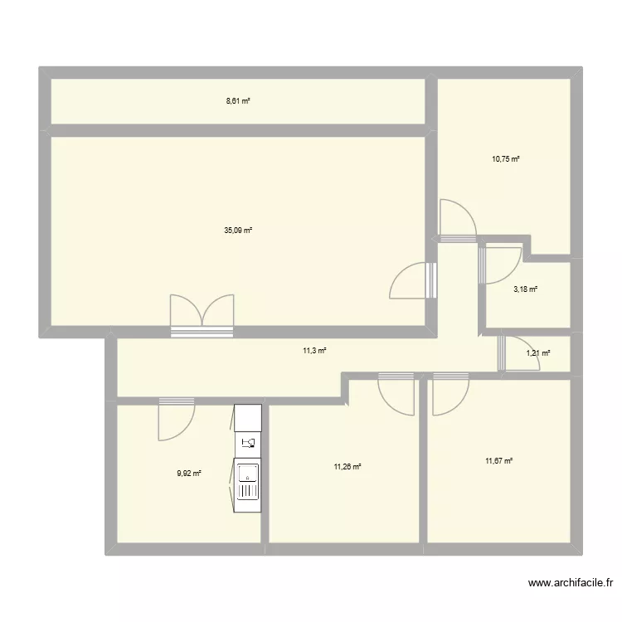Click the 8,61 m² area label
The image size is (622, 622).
coord(238,101)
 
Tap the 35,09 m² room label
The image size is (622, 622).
coord(237,230)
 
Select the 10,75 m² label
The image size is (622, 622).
coord(505,158)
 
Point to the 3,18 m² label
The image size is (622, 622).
coord(525,289)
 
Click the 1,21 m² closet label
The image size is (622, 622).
coord(537,353)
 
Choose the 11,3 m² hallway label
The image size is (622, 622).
coord(314,351)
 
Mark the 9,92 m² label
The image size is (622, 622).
coord(189,474)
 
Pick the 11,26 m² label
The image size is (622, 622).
coord(347,467)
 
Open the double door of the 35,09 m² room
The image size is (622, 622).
coord(202,315)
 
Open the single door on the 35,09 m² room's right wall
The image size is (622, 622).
coord(412,280)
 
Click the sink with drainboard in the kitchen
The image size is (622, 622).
coord(248,483)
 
